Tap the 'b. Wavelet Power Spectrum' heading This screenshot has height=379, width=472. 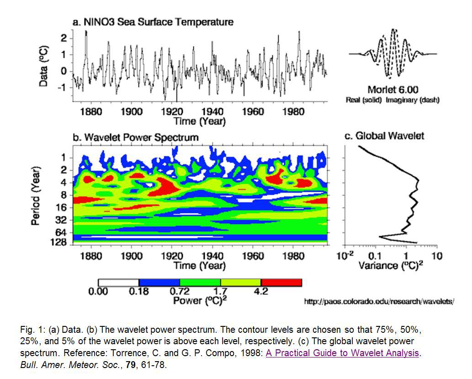pos(136,137)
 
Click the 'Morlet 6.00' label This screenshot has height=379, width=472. pos(392,89)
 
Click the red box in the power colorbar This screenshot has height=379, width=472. pos(281,282)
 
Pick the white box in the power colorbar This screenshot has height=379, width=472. pos(118,282)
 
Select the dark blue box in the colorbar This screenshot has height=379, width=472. pos(159,282)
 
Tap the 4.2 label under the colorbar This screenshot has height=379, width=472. pos(260,292)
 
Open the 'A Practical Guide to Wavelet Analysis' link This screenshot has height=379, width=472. pos(342,353)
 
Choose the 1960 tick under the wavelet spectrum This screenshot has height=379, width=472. pos(253,256)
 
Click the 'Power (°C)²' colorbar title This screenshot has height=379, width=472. pos(200,301)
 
